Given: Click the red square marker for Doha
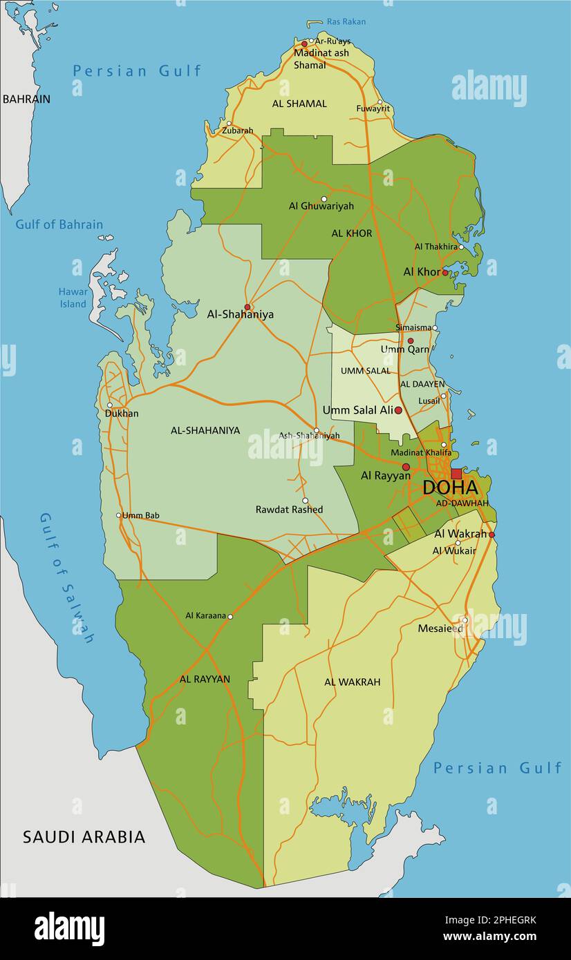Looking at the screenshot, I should [456, 474].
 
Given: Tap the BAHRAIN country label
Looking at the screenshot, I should [26, 99].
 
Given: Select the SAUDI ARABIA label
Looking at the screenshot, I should [84, 837].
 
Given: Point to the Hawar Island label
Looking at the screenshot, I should [73, 298].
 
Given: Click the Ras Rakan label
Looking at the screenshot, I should [346, 21].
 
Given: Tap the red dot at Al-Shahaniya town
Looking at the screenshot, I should [247, 307].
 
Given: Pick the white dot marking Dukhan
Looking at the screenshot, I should [109, 405].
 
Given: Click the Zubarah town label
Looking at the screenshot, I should [237, 131].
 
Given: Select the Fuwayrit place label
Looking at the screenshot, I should [373, 108].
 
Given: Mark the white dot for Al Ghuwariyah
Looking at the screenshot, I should [324, 199].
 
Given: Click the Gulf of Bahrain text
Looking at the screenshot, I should [59, 224].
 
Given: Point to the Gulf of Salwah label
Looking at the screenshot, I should [66, 577].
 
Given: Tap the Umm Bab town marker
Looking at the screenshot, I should [119, 515].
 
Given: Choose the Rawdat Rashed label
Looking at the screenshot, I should [289, 510].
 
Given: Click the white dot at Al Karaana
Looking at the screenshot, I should [230, 617].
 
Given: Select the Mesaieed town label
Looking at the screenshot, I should [440, 628].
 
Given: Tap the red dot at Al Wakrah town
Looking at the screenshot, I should [492, 535].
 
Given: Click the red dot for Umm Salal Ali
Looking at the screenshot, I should [398, 410].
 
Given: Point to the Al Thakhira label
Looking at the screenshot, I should [436, 247].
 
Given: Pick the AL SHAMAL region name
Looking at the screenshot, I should [299, 104].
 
